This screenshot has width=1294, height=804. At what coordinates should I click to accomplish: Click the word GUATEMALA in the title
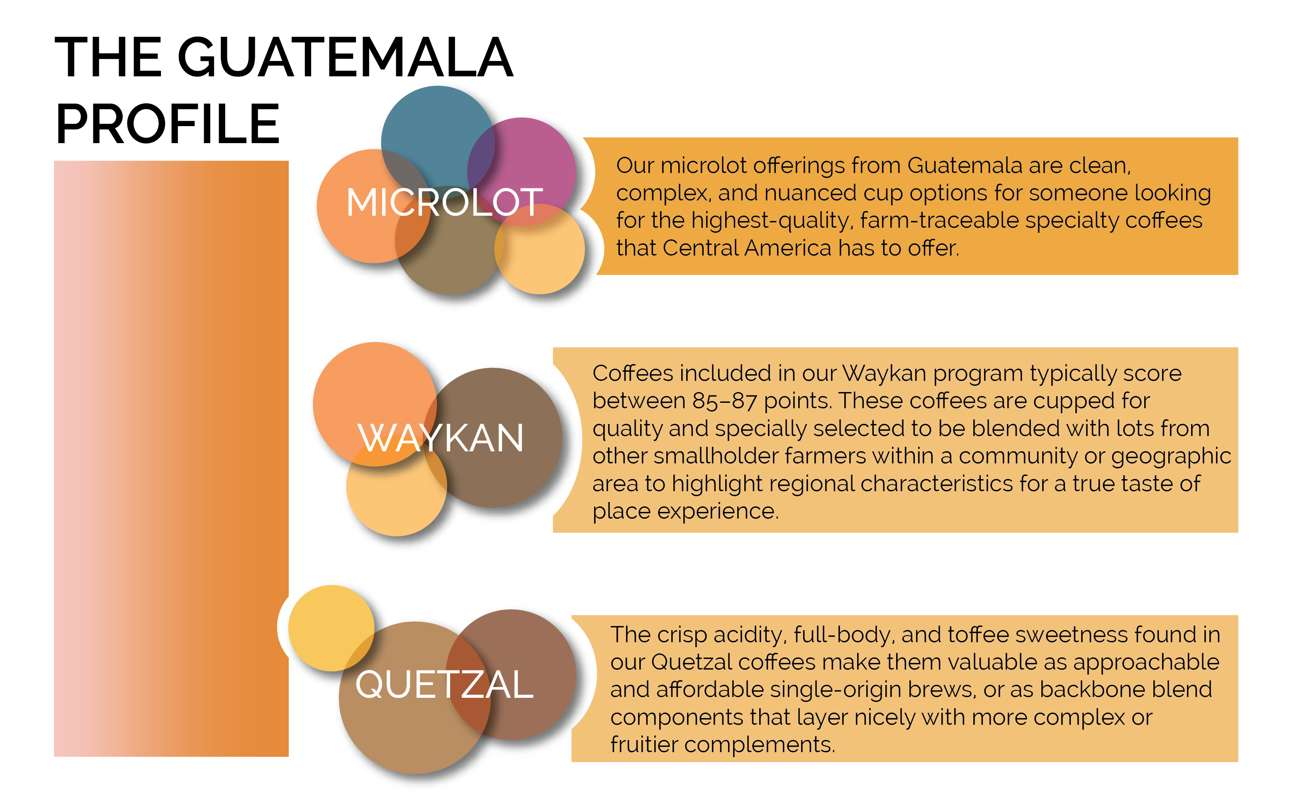click(346, 57)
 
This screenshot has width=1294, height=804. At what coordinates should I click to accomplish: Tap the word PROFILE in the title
click(168, 124)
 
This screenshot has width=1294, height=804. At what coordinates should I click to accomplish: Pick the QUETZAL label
click(444, 685)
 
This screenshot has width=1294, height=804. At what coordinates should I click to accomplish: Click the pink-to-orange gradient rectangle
click(171, 458)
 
